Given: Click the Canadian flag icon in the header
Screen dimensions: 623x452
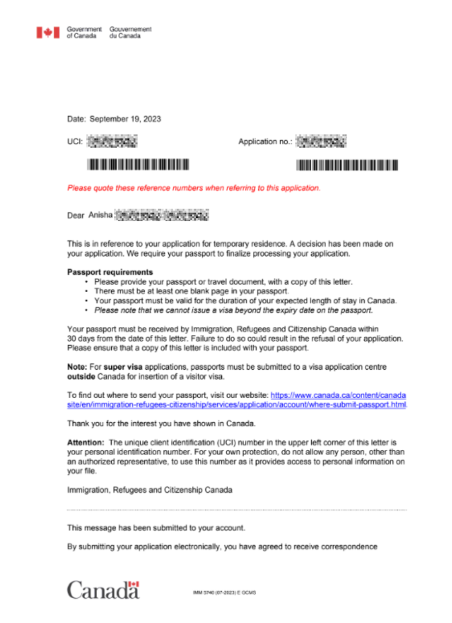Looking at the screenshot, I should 48,32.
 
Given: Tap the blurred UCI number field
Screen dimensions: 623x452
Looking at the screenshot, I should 112,141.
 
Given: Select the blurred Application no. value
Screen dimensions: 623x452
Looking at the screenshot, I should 321,141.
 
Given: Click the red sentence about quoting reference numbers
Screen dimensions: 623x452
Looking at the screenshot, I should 194,188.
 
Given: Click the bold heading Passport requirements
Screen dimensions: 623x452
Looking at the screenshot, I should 110,273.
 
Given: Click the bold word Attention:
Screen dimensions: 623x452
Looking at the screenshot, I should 86,442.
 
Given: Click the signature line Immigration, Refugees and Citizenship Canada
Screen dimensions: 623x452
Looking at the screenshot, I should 149,490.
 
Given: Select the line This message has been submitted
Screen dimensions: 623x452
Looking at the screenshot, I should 156,528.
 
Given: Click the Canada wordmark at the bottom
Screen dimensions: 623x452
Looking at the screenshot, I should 103,589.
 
